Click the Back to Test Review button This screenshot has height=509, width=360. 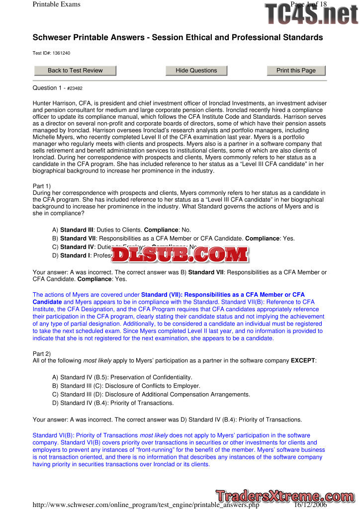pyautogui.click(x=75, y=71)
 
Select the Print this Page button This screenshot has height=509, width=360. pyautogui.click(x=296, y=71)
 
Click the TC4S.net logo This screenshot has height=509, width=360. pyautogui.click(x=311, y=13)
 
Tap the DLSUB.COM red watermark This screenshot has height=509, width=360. pyautogui.click(x=180, y=254)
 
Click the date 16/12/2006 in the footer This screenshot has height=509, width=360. pyautogui.click(x=313, y=505)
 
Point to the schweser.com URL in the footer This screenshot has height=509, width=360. pyautogui.click(x=146, y=505)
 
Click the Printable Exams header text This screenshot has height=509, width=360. pyautogui.click(x=56, y=4)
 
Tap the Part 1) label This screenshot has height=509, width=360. pyautogui.click(x=42, y=186)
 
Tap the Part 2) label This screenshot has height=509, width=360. pyautogui.click(x=42, y=353)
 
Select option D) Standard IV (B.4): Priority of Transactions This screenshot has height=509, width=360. pyautogui.click(x=113, y=403)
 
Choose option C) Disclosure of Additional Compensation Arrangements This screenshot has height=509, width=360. pyautogui.click(x=151, y=394)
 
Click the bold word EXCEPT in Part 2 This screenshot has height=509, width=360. pyautogui.click(x=303, y=360)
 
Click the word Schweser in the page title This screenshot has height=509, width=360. pyautogui.click(x=54, y=38)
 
